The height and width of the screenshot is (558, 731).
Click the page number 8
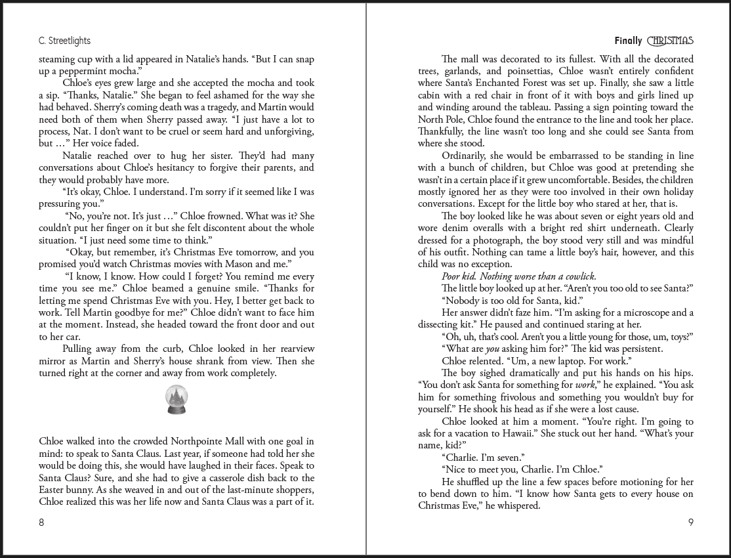tap(42, 523)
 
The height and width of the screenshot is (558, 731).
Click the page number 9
tap(690, 523)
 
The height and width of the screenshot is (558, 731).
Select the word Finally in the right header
tap(628, 41)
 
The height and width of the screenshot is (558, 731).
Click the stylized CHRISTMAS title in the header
tap(670, 41)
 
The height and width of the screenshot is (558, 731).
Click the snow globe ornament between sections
tap(177, 400)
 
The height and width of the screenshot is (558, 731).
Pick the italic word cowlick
tap(575, 276)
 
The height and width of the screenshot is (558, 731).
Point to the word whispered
tap(516, 505)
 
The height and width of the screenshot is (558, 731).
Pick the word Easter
tap(54, 490)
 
